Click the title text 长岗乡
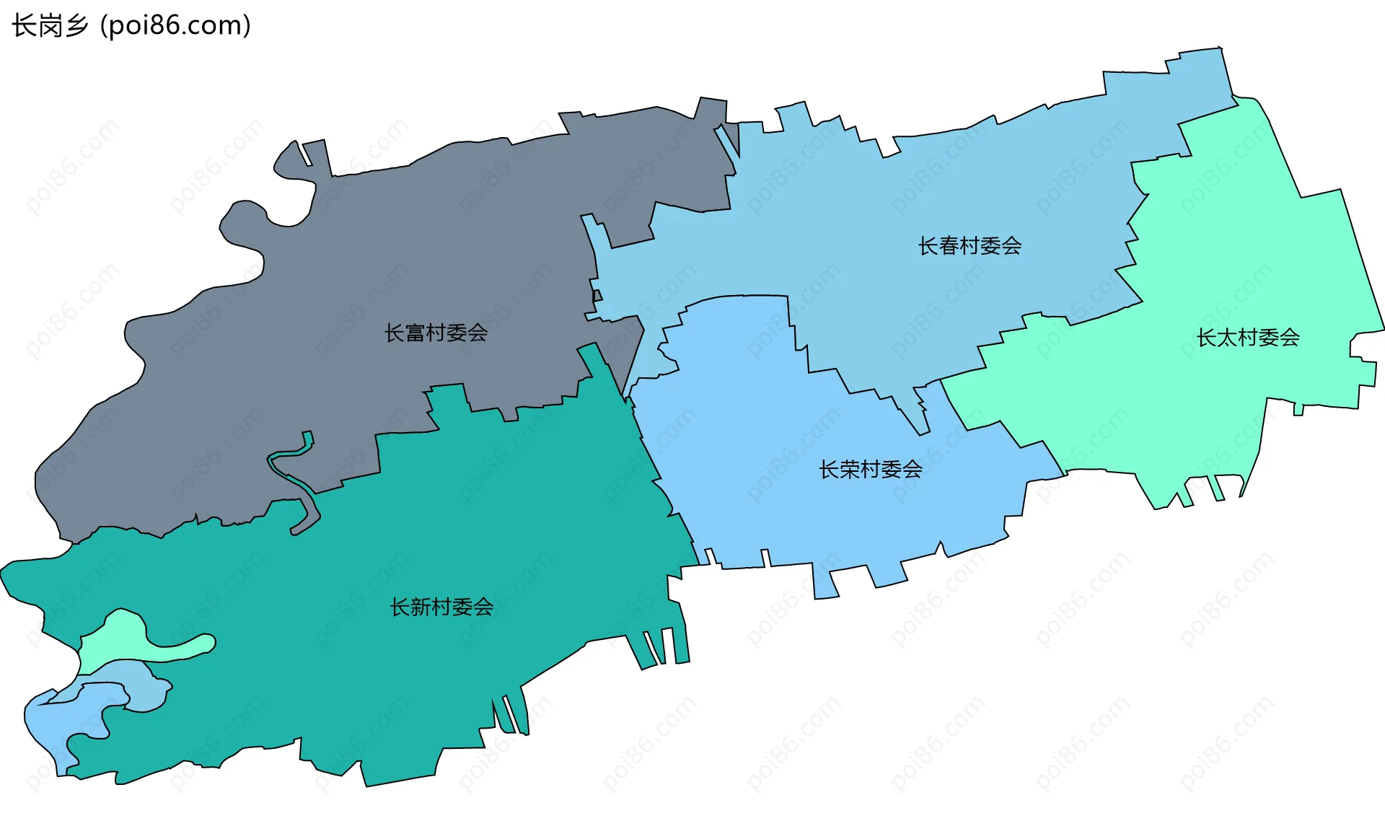point(49,26)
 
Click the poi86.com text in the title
point(175,26)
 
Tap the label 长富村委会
point(436,333)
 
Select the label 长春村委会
point(969,246)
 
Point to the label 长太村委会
point(1248,338)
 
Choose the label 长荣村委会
point(871,470)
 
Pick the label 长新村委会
point(441,607)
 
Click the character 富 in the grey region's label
point(415,333)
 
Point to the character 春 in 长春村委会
point(949,246)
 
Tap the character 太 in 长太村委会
point(1227,338)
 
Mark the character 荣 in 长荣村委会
point(850,470)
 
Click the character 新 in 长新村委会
point(421,607)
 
